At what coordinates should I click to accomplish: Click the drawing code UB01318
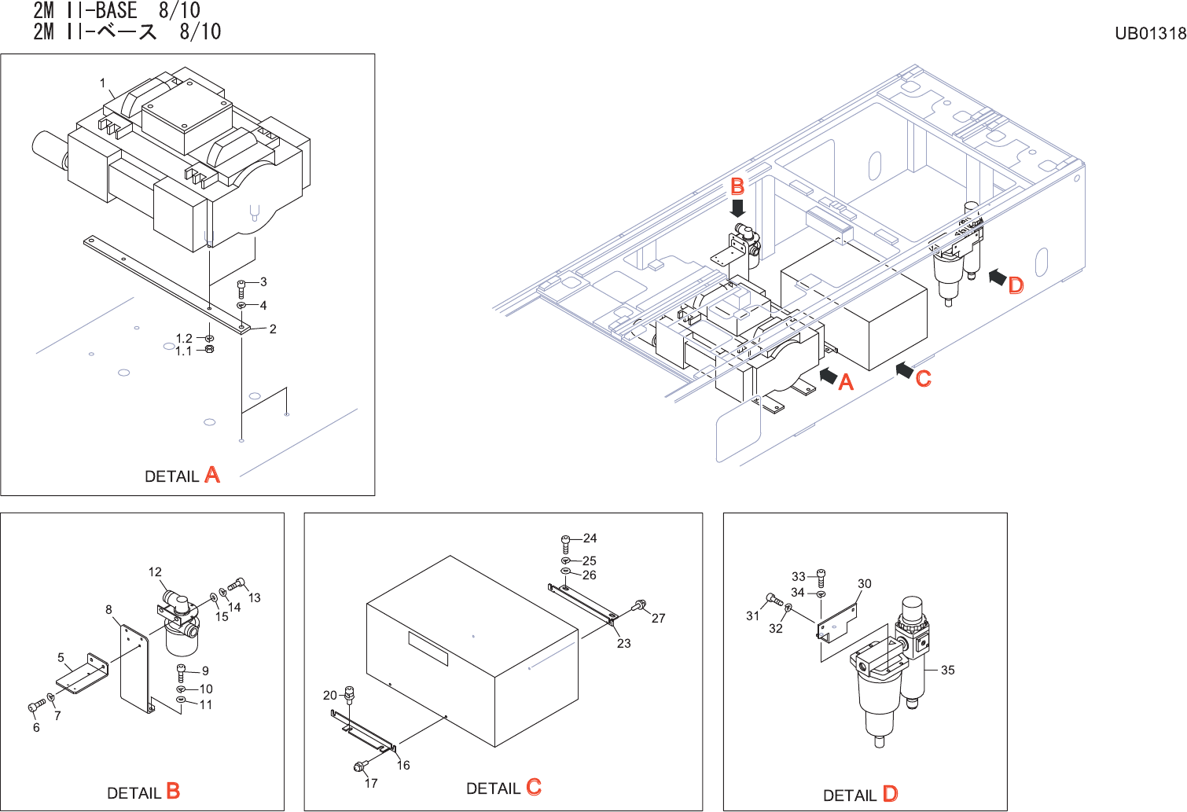tap(1150, 33)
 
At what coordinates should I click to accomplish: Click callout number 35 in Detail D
tap(948, 671)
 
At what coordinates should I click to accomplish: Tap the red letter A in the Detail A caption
tap(212, 475)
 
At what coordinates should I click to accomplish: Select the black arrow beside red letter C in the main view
tap(904, 369)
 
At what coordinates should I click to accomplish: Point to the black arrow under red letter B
tap(737, 208)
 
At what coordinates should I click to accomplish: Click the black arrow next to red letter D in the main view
tap(997, 277)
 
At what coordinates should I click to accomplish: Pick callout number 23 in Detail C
tap(623, 643)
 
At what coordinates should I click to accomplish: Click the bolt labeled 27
tap(638, 605)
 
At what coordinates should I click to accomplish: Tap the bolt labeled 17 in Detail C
tap(361, 766)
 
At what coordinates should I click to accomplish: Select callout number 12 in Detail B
tap(155, 572)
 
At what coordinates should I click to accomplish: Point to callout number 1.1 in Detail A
tap(183, 351)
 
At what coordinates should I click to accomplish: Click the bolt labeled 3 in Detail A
tap(241, 288)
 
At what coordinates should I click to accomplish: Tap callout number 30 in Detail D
tap(865, 584)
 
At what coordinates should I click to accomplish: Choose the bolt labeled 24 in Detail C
tap(566, 542)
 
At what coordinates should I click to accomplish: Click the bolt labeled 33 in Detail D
tap(821, 576)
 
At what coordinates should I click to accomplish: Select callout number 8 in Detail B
tap(108, 609)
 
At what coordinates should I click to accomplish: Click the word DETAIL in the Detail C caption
tap(493, 788)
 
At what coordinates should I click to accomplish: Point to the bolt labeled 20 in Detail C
tap(350, 693)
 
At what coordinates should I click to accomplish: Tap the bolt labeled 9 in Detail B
tap(182, 672)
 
